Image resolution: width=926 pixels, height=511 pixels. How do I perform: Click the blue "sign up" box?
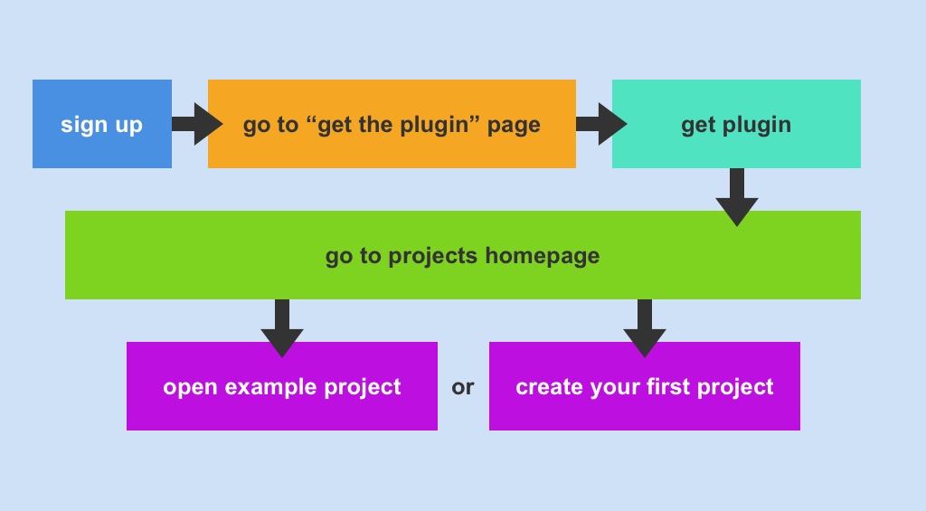coord(101,124)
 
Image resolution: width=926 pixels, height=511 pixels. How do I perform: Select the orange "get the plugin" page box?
coord(392,124)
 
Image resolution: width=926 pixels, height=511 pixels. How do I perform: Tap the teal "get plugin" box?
coord(736,124)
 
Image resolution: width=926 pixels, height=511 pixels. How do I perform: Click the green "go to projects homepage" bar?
coord(462,255)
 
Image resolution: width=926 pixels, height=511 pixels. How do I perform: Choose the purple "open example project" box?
coord(281,386)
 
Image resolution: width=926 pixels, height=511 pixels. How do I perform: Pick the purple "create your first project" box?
coord(644,386)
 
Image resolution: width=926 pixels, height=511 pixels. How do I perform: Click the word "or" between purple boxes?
coord(463,388)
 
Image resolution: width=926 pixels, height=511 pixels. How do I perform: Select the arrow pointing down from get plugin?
coord(737,196)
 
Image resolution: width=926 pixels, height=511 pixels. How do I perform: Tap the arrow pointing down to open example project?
coord(282,327)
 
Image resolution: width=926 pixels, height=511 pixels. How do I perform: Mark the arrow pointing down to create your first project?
coord(645,327)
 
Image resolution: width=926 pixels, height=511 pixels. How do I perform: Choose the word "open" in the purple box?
coord(190,388)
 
